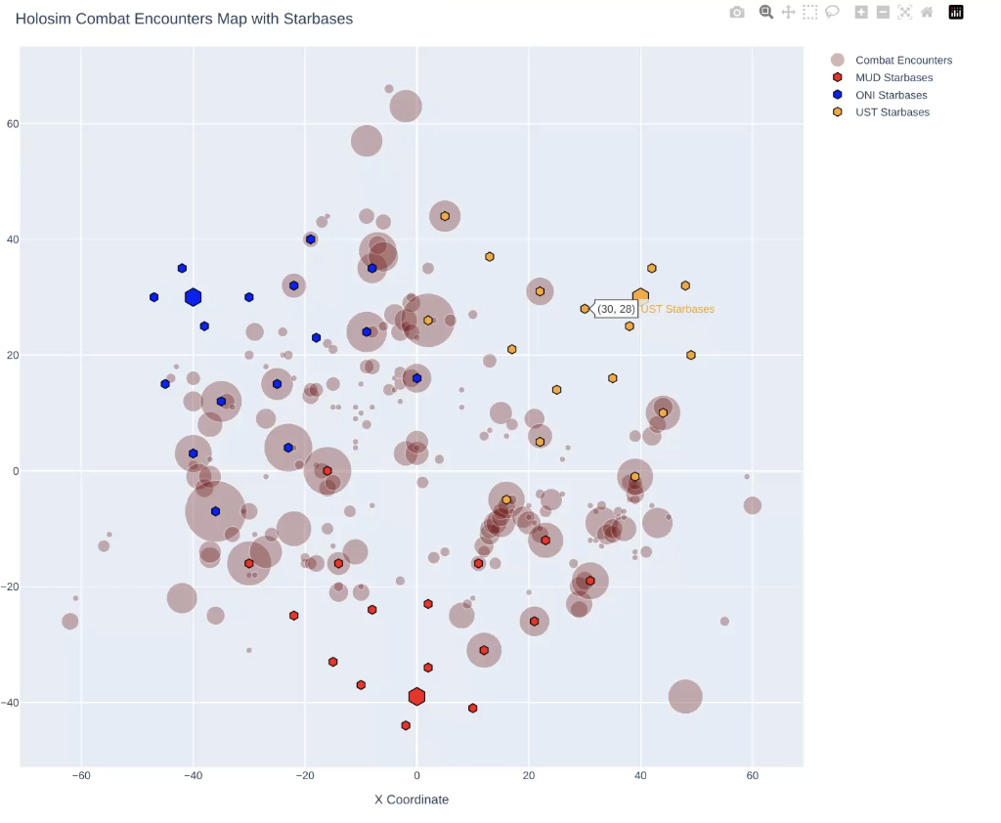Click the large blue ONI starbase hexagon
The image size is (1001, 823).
[x=193, y=297]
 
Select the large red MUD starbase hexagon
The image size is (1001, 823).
[x=416, y=696]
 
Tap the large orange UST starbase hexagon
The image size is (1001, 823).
[x=640, y=296]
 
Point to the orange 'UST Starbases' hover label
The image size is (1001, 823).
[x=677, y=309]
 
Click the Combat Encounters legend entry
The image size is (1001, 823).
[x=902, y=61]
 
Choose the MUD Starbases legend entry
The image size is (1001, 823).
[x=893, y=78]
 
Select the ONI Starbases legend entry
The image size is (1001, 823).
[x=891, y=95]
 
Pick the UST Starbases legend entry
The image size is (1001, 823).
[x=892, y=112]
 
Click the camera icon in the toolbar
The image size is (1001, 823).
[x=737, y=13]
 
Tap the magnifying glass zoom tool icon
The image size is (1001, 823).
[x=766, y=13]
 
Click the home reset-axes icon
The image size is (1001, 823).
[x=927, y=13]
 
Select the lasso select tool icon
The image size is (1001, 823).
[x=832, y=13]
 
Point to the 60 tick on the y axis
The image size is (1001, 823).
[x=12, y=124]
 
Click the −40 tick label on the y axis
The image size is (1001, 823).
[x=9, y=703]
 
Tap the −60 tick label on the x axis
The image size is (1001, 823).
[x=81, y=776]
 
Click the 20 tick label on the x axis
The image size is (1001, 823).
[x=529, y=776]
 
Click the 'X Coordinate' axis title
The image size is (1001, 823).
[x=412, y=800]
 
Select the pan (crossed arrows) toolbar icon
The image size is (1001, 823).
[x=788, y=13]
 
